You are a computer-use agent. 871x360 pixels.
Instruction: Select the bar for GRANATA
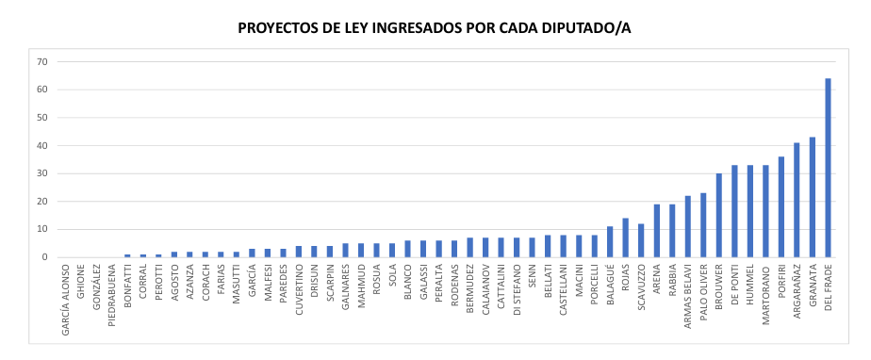[x=813, y=197]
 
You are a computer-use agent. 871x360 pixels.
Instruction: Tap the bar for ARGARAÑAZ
[x=797, y=200]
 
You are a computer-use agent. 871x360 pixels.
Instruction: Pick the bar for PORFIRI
[x=781, y=206]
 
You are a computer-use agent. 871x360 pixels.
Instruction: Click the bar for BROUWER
[x=718, y=215]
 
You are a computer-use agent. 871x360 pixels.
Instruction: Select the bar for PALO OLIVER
[x=703, y=225]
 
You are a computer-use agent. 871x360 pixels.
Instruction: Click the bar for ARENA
[x=656, y=231]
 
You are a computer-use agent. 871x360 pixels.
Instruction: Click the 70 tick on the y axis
[x=42, y=62]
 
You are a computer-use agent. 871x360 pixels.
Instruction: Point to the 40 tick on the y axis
[x=42, y=146]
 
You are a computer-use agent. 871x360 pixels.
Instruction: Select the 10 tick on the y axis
[x=42, y=229]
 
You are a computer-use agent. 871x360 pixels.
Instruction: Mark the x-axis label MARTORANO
[x=766, y=293]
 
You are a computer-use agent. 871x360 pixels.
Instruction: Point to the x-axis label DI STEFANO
[x=517, y=291]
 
